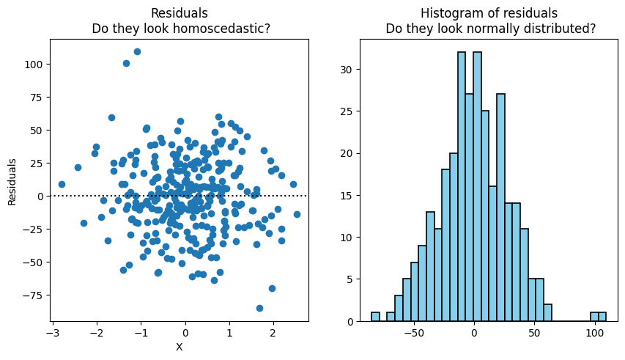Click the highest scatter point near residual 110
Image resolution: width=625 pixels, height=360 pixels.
(137, 51)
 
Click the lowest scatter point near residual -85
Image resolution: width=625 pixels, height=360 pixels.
(259, 308)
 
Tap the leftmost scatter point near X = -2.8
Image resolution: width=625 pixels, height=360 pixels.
(62, 184)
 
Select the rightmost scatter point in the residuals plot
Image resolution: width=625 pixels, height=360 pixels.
(297, 214)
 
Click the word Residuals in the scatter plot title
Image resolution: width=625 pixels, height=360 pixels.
(180, 12)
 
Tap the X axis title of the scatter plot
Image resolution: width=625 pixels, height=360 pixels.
(179, 347)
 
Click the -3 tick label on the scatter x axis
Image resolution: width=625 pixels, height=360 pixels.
(51, 332)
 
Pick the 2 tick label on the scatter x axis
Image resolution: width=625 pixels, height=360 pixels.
(273, 332)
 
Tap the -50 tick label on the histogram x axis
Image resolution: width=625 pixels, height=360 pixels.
(413, 332)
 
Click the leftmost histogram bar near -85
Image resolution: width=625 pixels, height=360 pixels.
(375, 317)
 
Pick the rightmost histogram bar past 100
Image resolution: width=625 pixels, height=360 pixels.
(602, 317)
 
